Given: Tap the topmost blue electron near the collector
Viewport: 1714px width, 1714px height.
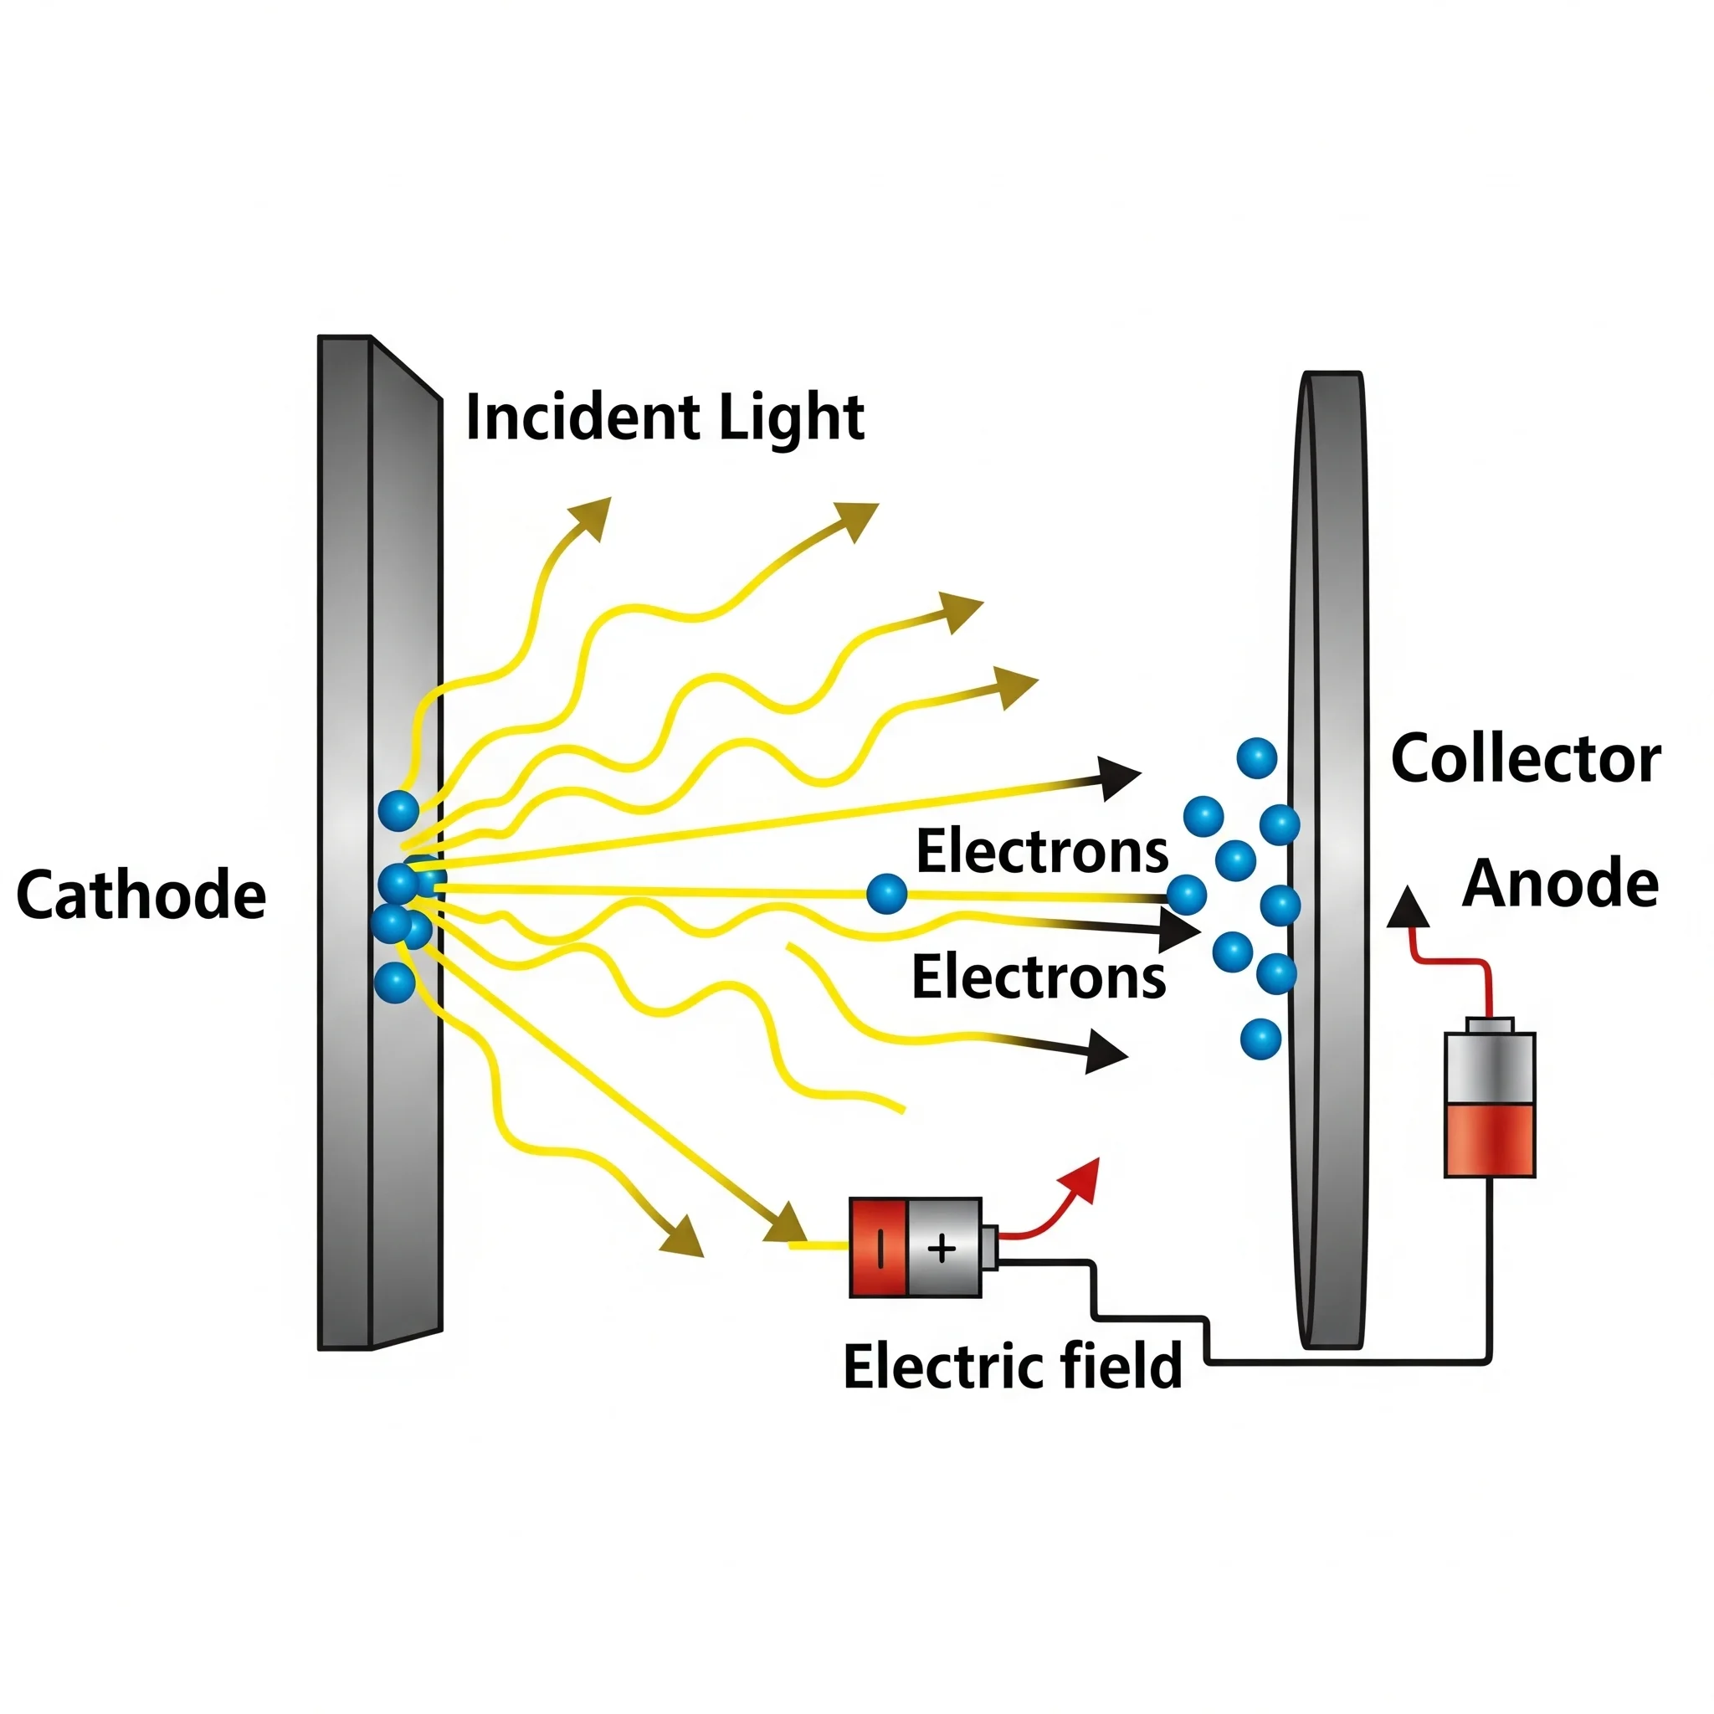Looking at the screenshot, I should pos(1256,757).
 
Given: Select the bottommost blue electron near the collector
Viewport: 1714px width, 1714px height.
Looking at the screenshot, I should pos(1260,1038).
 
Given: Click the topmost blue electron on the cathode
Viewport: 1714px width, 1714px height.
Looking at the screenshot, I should pos(398,810).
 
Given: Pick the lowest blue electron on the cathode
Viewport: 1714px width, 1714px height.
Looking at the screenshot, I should pos(395,983).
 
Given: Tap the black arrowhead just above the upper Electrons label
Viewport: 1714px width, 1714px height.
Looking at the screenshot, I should pos(1120,778).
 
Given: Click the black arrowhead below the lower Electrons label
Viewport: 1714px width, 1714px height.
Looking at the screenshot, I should pos(1106,1052).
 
